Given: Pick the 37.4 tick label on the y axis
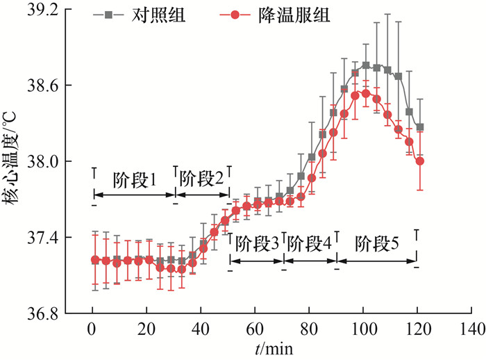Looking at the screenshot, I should [44, 238].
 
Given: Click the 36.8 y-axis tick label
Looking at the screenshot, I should [44, 313].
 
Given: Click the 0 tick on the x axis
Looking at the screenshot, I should [92, 328].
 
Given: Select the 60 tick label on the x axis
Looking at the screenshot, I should [255, 328].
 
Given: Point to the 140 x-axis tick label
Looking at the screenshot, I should [471, 328].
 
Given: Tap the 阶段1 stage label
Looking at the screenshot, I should [134, 179].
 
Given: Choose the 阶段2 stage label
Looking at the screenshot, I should [202, 179].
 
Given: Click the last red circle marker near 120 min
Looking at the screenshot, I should [419, 161].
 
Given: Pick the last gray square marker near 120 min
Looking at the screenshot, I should [419, 127].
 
